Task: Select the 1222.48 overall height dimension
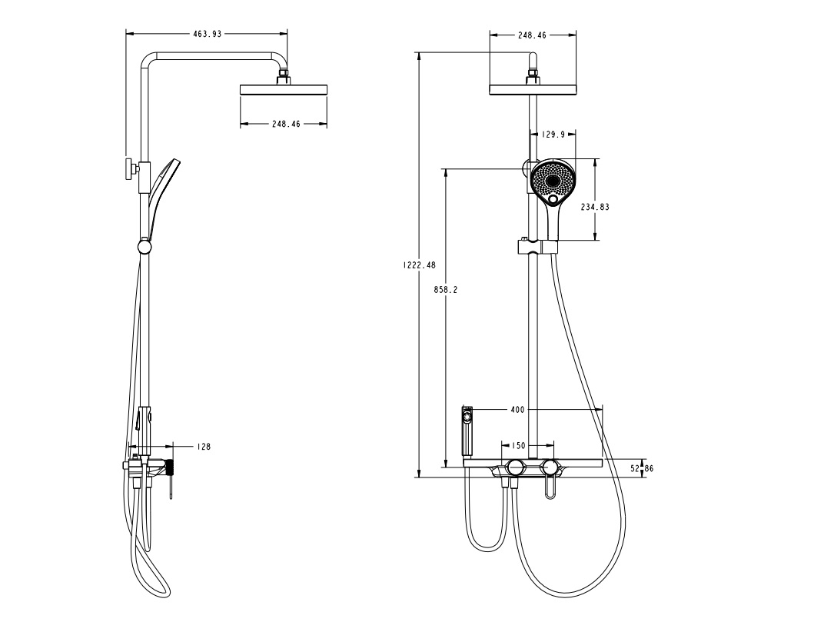point(419,264)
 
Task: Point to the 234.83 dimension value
point(595,207)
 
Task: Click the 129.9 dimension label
point(553,135)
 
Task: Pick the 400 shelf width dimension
point(517,410)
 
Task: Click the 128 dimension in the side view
point(203,446)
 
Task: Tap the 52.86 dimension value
point(642,468)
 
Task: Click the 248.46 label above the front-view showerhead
point(532,35)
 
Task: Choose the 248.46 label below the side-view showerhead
point(286,124)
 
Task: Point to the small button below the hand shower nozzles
point(554,202)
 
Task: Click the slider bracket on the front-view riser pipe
point(537,247)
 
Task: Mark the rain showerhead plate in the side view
point(284,90)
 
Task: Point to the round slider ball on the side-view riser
point(144,247)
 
